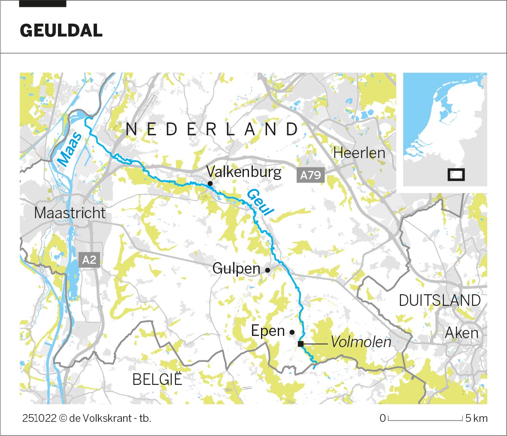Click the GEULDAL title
click(x=61, y=31)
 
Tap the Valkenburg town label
click(x=243, y=172)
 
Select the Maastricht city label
click(x=70, y=213)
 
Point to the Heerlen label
click(x=359, y=153)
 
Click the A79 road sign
click(x=310, y=175)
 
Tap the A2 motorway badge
click(x=90, y=260)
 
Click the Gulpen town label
click(x=236, y=269)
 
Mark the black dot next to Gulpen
click(x=267, y=270)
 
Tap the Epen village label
click(x=268, y=331)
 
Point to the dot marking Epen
click(x=292, y=332)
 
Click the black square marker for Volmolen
click(x=301, y=344)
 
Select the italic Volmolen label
click(x=361, y=342)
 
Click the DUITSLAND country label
click(x=439, y=300)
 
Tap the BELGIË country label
click(x=157, y=380)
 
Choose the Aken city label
click(x=461, y=333)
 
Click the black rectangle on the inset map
click(x=456, y=175)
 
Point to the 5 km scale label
click(x=477, y=418)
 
